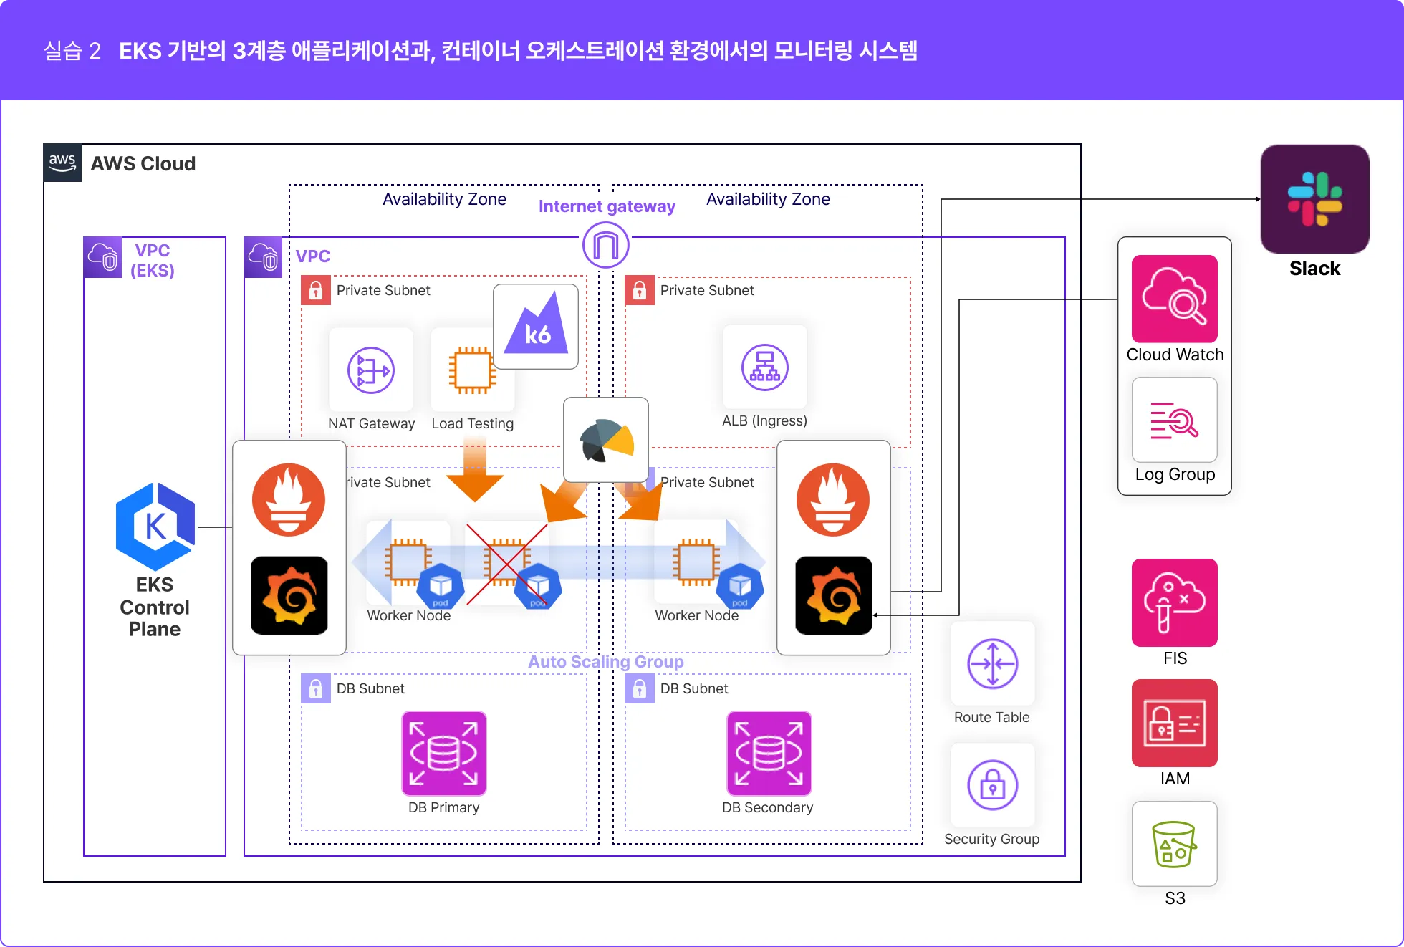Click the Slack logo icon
[x=1314, y=199]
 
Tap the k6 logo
[x=536, y=327]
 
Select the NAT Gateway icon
[x=371, y=370]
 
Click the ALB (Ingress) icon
[x=765, y=367]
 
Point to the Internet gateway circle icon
[x=606, y=245]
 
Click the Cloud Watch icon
[x=1175, y=299]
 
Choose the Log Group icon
[x=1175, y=420]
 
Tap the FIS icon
[x=1175, y=602]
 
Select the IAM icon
[x=1175, y=723]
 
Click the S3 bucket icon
[x=1175, y=844]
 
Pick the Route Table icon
[x=993, y=664]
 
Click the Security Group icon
[x=993, y=785]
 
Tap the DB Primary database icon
[x=444, y=754]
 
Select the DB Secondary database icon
[x=769, y=754]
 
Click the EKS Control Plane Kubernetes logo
[x=155, y=527]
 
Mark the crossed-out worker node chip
[x=507, y=562]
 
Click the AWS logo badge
[x=62, y=163]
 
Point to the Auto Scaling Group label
[x=606, y=662]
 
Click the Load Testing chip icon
[x=473, y=370]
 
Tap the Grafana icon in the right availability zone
[x=834, y=595]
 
